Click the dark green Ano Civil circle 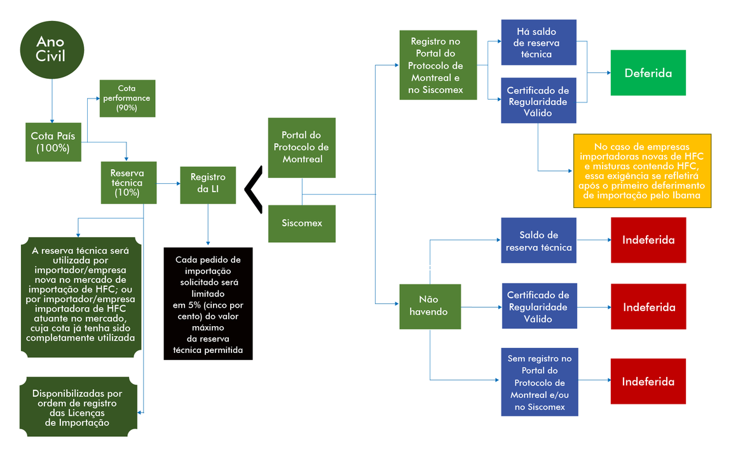click(x=51, y=50)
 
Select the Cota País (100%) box click(x=53, y=142)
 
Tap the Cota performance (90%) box click(x=127, y=99)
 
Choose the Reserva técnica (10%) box click(x=128, y=182)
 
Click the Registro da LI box click(x=208, y=185)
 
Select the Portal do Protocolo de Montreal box click(x=302, y=148)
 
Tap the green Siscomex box click(x=302, y=224)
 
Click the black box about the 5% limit click(x=208, y=303)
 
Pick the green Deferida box click(x=648, y=72)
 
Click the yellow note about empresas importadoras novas click(x=643, y=171)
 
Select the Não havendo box click(x=430, y=306)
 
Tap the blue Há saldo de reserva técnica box click(x=538, y=43)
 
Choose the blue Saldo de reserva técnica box click(x=538, y=240)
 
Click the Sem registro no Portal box click(x=540, y=382)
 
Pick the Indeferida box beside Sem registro click(x=648, y=382)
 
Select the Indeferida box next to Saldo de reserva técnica click(x=648, y=240)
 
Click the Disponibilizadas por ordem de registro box click(x=78, y=407)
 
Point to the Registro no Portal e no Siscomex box click(x=438, y=65)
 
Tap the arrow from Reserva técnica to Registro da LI click(x=168, y=184)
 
